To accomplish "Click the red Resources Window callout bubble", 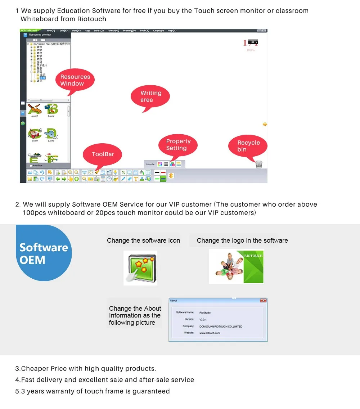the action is click(75, 80).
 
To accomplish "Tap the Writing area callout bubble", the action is click(150, 96).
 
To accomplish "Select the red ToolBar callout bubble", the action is click(103, 154).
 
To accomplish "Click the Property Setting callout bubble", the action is click(178, 145).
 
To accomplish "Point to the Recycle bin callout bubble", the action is click(248, 146).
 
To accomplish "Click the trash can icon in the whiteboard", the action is click(259, 164).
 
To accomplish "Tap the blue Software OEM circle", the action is click(43, 253).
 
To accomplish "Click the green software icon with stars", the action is click(140, 268).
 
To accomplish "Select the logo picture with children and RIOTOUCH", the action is click(236, 266).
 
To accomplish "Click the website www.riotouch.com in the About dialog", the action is click(210, 333).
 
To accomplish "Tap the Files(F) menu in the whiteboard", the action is click(51, 31).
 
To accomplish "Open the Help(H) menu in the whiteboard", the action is click(172, 31).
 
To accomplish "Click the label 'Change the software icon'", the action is click(143, 241).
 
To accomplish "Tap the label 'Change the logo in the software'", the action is click(242, 241).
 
